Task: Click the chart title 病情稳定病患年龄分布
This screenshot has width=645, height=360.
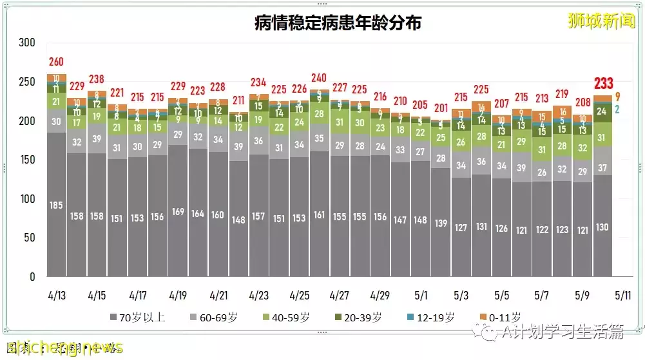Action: pyautogui.click(x=338, y=24)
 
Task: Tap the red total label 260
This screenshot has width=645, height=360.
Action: pyautogui.click(x=56, y=62)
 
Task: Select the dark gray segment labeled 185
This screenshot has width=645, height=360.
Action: pyautogui.click(x=57, y=205)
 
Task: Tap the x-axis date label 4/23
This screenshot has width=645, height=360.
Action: pyautogui.click(x=258, y=296)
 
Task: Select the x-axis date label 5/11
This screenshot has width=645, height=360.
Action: pyautogui.click(x=622, y=296)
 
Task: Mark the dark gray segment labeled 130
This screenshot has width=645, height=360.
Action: pyautogui.click(x=602, y=226)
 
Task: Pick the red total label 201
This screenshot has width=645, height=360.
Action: pyautogui.click(x=441, y=108)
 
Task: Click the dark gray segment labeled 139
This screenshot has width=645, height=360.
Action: pyautogui.click(x=441, y=223)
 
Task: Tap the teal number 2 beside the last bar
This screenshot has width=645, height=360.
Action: pyautogui.click(x=617, y=109)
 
